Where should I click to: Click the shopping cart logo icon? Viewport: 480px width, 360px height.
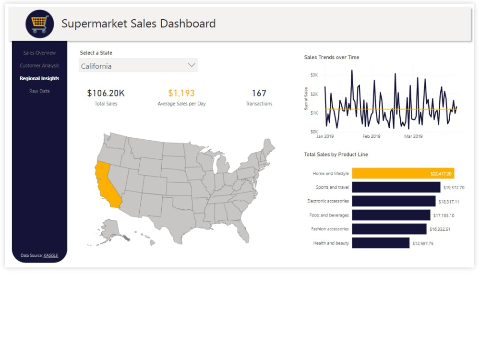(x=40, y=24)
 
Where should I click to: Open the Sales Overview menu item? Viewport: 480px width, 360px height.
(x=39, y=53)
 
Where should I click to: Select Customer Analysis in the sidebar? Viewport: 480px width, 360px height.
(x=39, y=66)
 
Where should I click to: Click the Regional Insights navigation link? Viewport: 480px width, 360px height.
(x=39, y=78)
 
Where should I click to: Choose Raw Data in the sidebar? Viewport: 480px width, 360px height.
(x=39, y=91)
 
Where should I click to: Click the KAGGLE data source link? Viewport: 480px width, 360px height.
(x=51, y=255)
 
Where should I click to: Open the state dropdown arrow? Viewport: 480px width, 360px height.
(x=192, y=65)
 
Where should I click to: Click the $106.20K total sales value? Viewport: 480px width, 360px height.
(x=106, y=93)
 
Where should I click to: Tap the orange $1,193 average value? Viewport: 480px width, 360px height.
(x=181, y=93)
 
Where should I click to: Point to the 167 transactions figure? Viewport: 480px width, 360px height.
(x=259, y=93)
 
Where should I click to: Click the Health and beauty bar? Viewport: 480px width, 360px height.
(x=381, y=243)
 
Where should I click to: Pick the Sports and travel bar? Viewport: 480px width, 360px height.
(x=396, y=187)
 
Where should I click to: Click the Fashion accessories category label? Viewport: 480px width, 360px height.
(x=330, y=229)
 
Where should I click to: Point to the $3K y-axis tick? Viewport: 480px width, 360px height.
(x=314, y=75)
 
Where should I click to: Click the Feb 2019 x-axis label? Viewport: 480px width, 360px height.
(x=372, y=136)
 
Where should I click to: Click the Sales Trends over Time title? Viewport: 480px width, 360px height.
(x=332, y=58)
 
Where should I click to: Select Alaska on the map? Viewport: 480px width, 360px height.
(x=111, y=229)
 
